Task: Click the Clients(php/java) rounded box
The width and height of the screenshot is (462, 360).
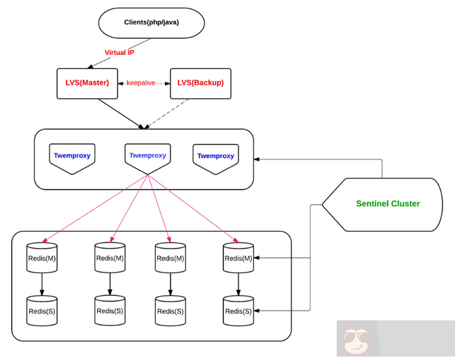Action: point(151,23)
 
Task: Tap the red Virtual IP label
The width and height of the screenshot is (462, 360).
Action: point(119,52)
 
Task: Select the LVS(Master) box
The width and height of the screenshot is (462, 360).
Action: point(88,82)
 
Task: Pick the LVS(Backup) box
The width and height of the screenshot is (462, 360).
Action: point(200,82)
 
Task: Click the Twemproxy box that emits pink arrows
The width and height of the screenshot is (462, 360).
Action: point(148,157)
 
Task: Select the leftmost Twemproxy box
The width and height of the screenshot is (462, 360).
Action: point(72,157)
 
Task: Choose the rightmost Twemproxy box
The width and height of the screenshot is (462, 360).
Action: point(216,157)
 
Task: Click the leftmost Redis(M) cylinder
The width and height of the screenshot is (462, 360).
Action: point(42,258)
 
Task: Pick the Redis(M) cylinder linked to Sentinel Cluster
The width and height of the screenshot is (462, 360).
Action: point(239,258)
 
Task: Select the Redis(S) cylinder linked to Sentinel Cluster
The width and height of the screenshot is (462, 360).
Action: point(239,310)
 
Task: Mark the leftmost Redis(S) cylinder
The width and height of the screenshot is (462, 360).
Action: point(42,310)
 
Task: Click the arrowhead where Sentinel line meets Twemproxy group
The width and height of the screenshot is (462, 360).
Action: point(257,159)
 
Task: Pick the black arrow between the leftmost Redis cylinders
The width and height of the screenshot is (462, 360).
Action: point(42,284)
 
